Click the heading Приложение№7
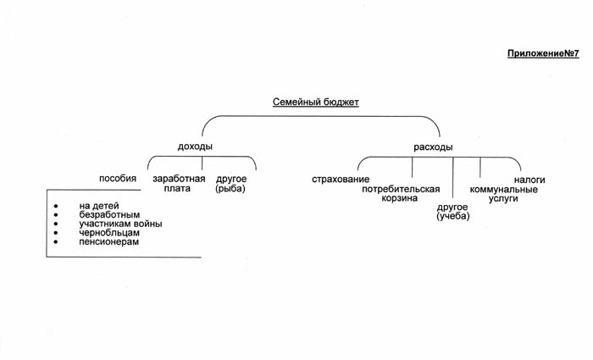(543, 53)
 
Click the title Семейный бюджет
(316, 102)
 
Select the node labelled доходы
(195, 147)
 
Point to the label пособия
(118, 179)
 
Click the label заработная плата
(178, 184)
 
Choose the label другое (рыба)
(231, 184)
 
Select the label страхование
(341, 180)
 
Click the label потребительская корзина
(401, 193)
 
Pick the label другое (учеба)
(453, 212)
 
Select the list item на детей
(99, 206)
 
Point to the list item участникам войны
(120, 224)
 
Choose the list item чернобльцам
(109, 233)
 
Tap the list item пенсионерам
(109, 242)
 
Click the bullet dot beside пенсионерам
(56, 242)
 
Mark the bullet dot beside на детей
(56, 206)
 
